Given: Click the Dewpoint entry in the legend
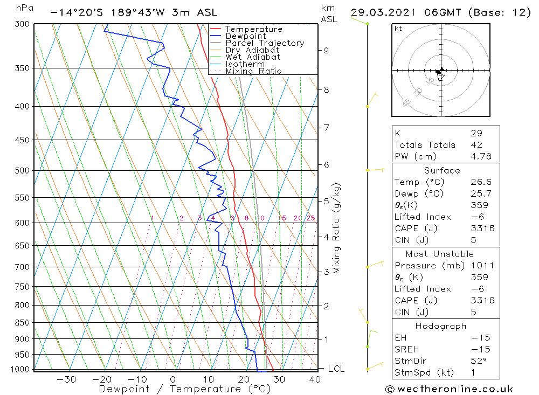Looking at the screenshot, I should click(x=245, y=36).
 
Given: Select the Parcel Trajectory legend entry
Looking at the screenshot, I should click(x=264, y=43).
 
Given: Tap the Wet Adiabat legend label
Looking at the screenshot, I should click(x=252, y=57).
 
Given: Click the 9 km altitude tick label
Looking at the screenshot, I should click(x=326, y=51).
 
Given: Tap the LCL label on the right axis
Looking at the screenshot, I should click(x=336, y=369).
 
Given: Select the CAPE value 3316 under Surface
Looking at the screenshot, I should click(x=482, y=228).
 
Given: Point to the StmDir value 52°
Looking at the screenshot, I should click(x=479, y=361).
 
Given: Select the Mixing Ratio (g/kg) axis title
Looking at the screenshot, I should click(x=337, y=228).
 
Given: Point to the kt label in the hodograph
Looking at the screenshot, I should click(x=398, y=29).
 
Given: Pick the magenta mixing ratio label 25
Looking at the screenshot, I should click(x=310, y=218).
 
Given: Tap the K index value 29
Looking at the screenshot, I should click(x=476, y=133).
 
